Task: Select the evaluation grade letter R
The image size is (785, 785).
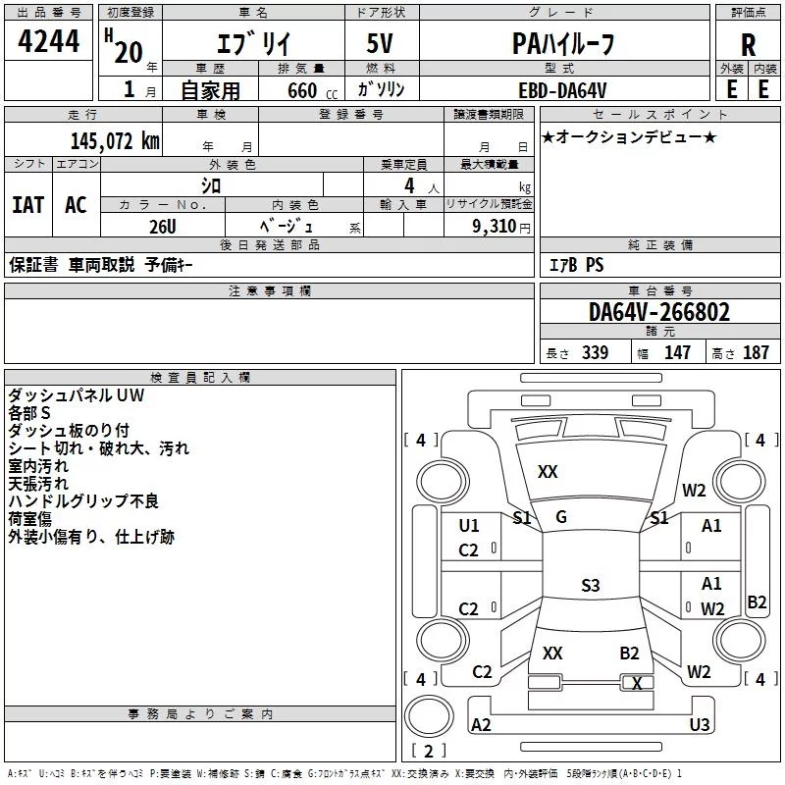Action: (x=748, y=44)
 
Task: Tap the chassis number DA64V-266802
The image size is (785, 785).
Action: (x=659, y=313)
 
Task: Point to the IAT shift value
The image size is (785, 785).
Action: (x=27, y=205)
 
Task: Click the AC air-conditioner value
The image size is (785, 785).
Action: (x=76, y=205)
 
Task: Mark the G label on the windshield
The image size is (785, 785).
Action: (x=561, y=517)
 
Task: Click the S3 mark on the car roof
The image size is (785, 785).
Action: (x=590, y=586)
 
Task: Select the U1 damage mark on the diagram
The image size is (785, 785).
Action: (x=469, y=526)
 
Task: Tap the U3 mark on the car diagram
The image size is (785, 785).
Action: (x=700, y=724)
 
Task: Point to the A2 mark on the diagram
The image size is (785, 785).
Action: (x=481, y=724)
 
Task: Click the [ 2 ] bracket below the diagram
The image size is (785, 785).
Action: (x=427, y=752)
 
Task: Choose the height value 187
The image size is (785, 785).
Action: (x=756, y=353)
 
